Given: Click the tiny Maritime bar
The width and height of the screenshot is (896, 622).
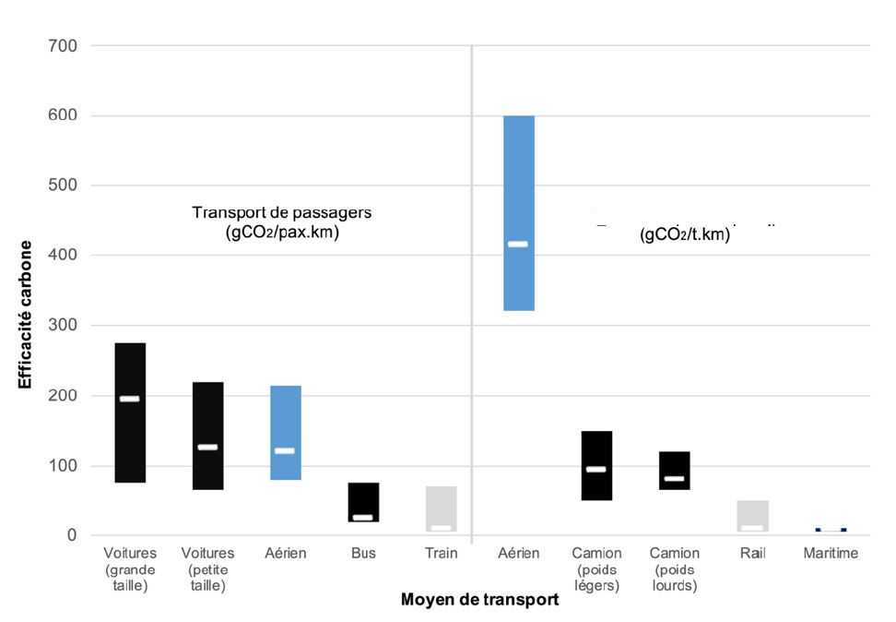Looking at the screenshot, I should [830, 530].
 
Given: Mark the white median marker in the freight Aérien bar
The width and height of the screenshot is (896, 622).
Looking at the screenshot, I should [518, 245].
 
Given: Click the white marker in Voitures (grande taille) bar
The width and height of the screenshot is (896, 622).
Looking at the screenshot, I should [130, 399].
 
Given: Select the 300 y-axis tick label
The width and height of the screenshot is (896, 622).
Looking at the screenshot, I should [63, 326].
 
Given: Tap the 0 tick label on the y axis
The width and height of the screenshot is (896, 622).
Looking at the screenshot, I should [71, 535].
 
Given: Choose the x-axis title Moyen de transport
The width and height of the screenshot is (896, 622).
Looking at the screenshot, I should [479, 600].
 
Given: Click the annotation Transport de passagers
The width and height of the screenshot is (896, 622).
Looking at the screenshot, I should [281, 213].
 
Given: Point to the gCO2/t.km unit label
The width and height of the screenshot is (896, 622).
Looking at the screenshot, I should [684, 234].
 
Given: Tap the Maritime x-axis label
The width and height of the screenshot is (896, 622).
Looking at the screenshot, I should [830, 554].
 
